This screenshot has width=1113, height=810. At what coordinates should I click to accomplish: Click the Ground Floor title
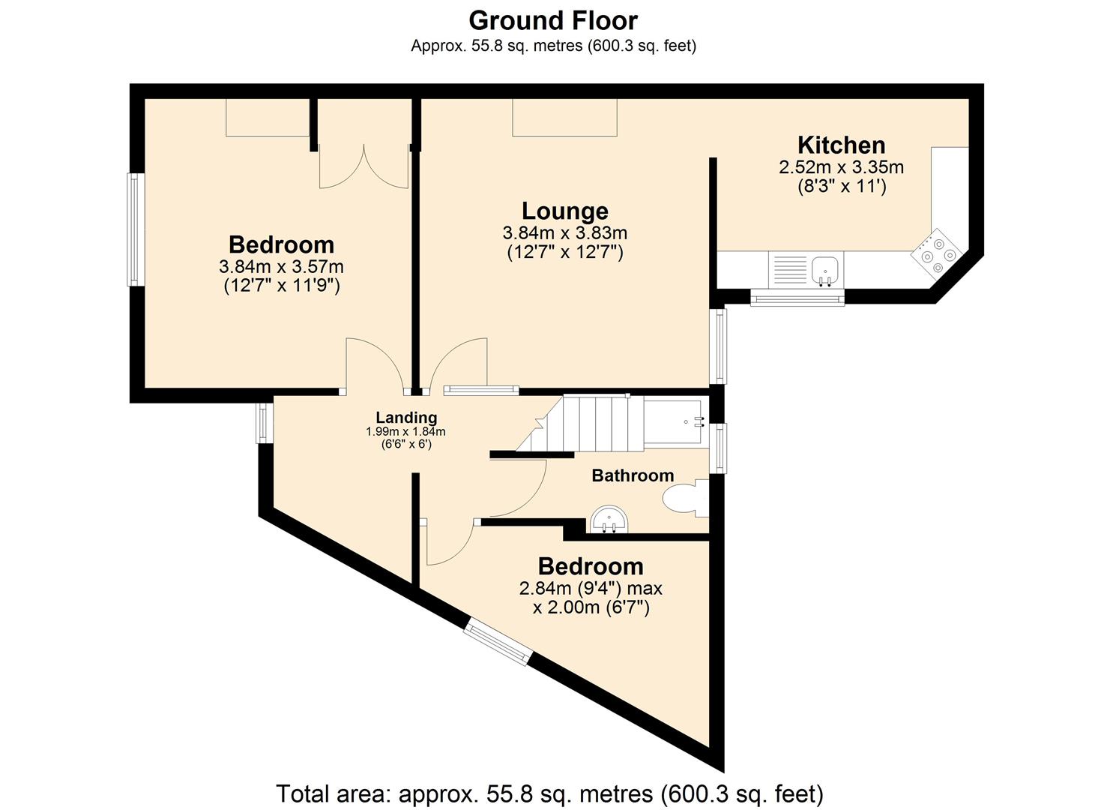(553, 19)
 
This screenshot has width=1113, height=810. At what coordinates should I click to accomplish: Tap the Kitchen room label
(841, 145)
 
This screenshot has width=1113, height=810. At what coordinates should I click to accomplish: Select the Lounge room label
(564, 211)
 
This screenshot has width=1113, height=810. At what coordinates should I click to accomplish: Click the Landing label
(406, 418)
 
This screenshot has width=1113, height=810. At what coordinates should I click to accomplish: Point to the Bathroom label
(633, 475)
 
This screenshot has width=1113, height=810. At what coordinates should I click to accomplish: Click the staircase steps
(592, 424)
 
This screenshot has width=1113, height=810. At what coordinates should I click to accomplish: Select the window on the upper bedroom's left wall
(135, 229)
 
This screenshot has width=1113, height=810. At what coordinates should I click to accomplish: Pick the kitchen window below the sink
(797, 298)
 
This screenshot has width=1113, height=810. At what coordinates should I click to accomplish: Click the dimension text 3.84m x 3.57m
(281, 266)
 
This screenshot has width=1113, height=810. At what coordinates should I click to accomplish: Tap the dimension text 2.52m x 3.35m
(841, 166)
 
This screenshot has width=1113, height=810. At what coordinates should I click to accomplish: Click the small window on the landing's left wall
(264, 422)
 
